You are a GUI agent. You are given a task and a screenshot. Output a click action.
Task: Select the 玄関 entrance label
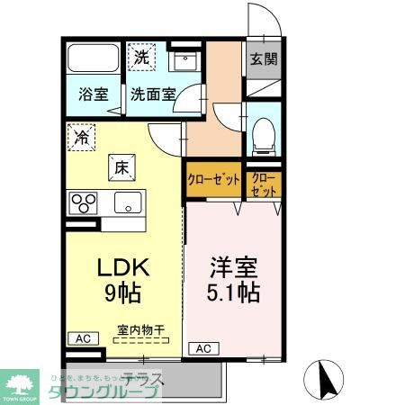point(263,60)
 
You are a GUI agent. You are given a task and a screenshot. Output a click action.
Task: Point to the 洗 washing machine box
point(141,57)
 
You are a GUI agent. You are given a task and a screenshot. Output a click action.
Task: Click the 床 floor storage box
point(121,166)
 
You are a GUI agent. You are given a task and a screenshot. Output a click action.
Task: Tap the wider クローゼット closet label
point(213,180)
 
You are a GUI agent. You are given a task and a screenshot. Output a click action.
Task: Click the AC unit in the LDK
point(82,338)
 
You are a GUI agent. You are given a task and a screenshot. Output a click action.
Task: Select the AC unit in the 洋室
point(202,348)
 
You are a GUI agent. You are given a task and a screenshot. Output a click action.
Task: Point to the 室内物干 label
point(141,330)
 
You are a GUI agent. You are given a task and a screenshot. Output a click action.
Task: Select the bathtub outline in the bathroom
point(93,61)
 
